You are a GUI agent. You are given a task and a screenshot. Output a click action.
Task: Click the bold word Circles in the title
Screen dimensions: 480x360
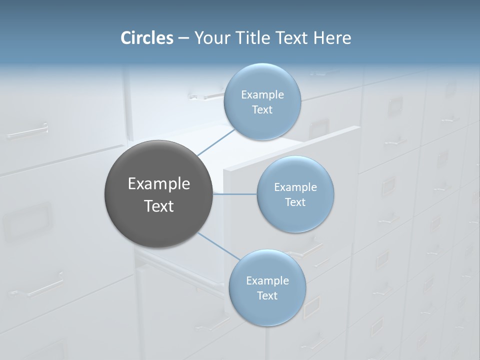[x=147, y=38]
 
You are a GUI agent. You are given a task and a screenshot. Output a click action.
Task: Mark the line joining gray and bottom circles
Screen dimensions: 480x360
[x=218, y=245]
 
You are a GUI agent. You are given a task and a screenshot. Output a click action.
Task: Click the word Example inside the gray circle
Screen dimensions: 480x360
[x=159, y=184]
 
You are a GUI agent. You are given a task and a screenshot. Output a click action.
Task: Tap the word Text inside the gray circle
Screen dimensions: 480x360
[x=159, y=206]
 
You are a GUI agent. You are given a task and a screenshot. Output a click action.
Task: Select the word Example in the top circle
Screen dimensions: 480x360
[x=262, y=95]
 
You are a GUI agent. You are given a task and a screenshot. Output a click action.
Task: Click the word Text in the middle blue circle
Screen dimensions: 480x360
[x=295, y=202]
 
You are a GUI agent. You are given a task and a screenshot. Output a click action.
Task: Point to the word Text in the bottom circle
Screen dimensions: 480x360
[x=267, y=296]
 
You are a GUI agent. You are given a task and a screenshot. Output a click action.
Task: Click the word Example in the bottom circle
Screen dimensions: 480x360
[x=267, y=281]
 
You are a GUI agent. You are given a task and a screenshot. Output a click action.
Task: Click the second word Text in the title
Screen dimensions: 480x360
[x=292, y=38]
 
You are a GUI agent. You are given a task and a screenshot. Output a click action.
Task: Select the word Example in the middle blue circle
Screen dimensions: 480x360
[x=295, y=187]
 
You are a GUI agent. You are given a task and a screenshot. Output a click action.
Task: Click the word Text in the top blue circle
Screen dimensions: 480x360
[x=262, y=110]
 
